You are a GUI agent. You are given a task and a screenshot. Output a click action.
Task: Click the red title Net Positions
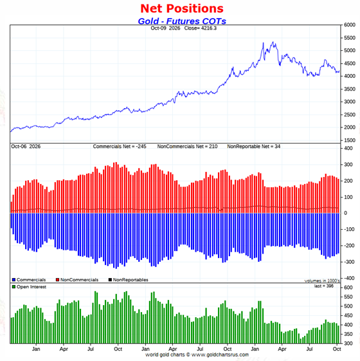(x=182, y=9)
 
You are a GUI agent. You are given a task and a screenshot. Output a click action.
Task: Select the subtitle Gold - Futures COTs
(x=182, y=21)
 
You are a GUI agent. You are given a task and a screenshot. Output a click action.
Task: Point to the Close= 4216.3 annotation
(x=200, y=28)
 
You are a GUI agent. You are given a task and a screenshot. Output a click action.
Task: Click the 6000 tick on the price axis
(x=350, y=25)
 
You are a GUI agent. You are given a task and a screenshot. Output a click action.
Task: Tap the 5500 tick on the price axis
(x=350, y=38)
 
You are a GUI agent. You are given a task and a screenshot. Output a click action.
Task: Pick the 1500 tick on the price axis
(x=350, y=140)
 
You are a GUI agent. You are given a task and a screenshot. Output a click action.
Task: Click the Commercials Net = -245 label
(x=120, y=147)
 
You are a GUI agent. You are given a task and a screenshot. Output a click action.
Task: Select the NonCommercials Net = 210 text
(x=187, y=147)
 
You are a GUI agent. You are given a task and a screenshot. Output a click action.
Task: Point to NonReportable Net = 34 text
(x=254, y=147)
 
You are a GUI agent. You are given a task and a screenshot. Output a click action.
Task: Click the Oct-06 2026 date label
(x=26, y=147)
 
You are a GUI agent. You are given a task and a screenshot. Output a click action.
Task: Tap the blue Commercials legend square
(x=14, y=280)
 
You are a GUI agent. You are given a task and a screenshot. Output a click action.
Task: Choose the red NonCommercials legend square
(x=57, y=280)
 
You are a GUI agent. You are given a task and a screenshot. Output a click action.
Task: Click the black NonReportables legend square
(x=110, y=280)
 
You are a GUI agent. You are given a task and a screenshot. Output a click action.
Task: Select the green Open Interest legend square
(x=14, y=287)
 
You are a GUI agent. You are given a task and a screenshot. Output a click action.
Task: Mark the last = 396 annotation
(x=324, y=286)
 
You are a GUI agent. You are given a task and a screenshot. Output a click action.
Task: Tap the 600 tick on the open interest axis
(x=348, y=288)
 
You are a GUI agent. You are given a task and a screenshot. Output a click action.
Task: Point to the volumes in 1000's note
(x=322, y=281)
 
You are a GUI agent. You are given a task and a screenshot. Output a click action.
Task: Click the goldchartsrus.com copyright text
(x=197, y=355)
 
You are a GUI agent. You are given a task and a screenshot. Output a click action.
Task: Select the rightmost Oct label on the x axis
(x=337, y=349)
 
